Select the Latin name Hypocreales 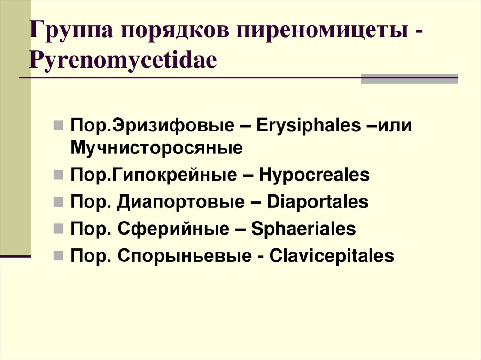coord(314,176)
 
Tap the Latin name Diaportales coord(318,202)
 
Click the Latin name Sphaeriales coord(303,230)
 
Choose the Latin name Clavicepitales coord(332,256)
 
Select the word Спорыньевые coord(186,256)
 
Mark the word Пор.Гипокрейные coord(154,176)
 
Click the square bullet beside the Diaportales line coord(58,203)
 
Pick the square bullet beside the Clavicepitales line coord(58,257)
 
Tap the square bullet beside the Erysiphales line coord(58,127)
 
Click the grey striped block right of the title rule coord(409,78)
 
